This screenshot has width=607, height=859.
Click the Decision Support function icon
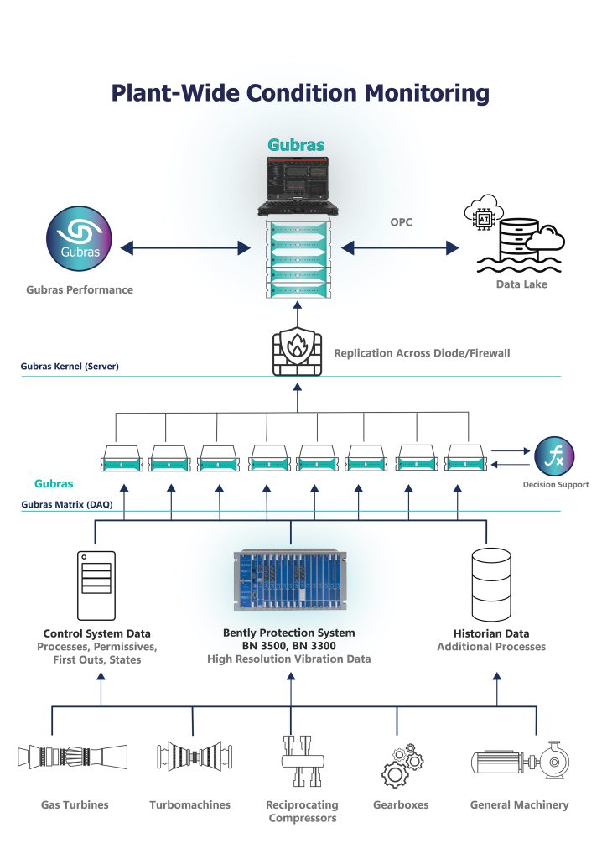[555, 457]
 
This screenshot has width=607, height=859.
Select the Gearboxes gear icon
[400, 761]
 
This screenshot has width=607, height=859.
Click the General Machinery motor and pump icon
[518, 759]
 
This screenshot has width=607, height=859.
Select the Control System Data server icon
[96, 584]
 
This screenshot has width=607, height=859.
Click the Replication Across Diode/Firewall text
[422, 353]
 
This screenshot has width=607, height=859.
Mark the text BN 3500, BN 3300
[289, 646]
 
